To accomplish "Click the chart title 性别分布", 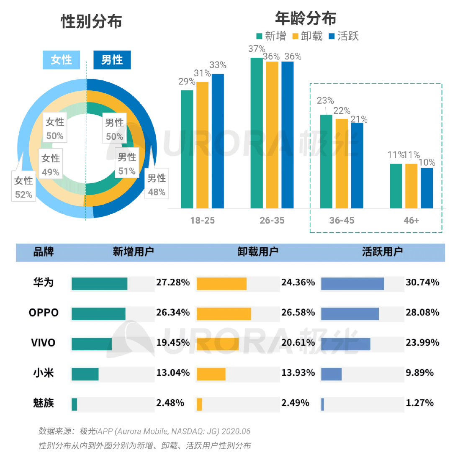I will coord(91,21).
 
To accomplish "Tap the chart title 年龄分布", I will coord(306,18).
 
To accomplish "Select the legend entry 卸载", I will coord(308,36).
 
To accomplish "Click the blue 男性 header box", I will coord(112,60).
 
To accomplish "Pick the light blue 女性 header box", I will coord(62,60).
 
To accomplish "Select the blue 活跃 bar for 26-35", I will coord(288,134).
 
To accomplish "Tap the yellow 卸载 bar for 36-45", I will coord(341,163).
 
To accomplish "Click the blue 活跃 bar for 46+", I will coord(427,187).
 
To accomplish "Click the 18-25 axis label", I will coord(202,220).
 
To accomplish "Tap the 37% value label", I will coord(256,49).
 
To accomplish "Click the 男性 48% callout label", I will coord(157,185).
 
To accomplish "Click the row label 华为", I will coord(44,282).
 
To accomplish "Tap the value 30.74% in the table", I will coord(422,282).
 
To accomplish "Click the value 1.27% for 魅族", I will coord(419,403).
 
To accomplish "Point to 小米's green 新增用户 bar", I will coord(85,374).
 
